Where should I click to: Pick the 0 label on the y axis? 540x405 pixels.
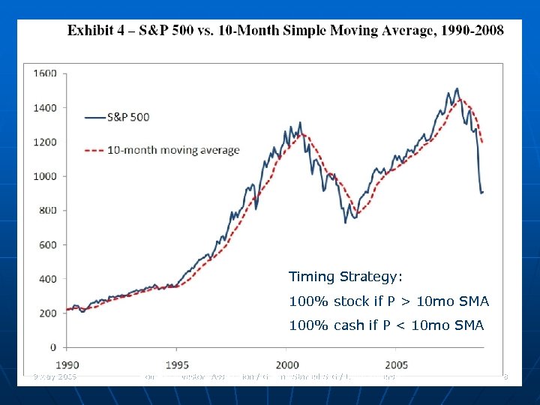[x=53, y=347]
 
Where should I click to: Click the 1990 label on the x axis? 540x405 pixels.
[x=67, y=364]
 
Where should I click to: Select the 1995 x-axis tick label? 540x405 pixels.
[x=176, y=364]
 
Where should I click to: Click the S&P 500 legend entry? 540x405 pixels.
[x=128, y=117]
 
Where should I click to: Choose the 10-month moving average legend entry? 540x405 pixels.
[x=173, y=150]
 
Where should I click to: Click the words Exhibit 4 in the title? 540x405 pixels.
[x=97, y=31]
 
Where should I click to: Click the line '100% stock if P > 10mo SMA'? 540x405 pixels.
[x=388, y=301]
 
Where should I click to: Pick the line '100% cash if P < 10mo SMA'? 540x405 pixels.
[x=386, y=325]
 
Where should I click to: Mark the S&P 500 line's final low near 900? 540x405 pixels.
[x=481, y=193]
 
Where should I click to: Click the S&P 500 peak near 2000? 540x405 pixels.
[x=300, y=122]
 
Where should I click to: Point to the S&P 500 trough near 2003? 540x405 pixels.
[x=345, y=222]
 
